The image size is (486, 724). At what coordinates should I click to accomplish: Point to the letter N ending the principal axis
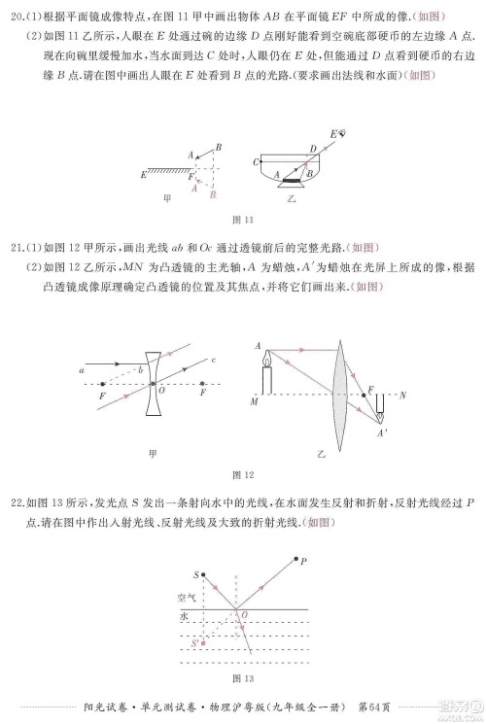(403, 395)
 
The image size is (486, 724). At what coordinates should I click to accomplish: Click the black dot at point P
(295, 561)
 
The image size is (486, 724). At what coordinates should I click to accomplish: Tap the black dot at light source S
(202, 575)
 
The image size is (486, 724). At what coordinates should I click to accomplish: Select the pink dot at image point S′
(202, 643)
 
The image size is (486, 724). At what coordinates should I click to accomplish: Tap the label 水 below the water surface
(182, 617)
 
